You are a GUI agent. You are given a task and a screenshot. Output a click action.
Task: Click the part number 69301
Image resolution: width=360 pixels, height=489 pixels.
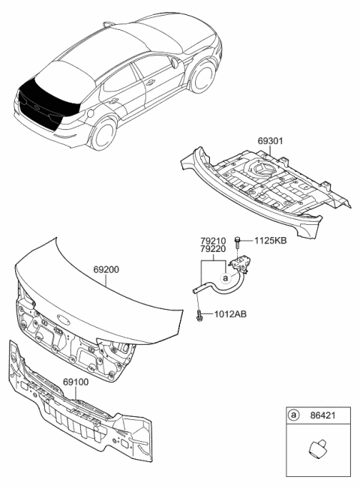270,141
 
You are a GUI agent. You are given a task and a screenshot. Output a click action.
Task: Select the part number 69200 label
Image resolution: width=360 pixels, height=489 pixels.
106,269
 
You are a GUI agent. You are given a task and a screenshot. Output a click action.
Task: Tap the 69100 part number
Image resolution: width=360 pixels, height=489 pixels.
76,382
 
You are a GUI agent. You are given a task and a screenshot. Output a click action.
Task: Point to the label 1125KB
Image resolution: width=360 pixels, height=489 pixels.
271,241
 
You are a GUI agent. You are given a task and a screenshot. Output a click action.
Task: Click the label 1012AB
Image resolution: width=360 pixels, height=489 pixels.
230,314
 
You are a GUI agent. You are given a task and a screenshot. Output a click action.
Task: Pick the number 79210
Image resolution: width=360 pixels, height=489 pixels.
213,241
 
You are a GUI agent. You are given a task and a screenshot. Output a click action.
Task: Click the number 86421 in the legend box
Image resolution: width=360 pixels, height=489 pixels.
322,415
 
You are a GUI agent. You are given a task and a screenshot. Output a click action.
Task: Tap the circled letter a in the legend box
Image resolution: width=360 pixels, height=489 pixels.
292,415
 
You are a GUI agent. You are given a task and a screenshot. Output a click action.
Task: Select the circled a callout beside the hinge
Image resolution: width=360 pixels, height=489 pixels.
226,277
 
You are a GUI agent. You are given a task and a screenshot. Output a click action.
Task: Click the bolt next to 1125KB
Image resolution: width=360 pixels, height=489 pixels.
238,243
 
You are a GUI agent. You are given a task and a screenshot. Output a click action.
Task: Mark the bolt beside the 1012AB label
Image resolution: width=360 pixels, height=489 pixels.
199,316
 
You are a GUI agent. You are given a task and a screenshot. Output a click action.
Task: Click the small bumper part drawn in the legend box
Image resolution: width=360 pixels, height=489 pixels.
318,449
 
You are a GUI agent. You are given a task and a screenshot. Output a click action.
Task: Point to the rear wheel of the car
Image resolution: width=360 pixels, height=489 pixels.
103,134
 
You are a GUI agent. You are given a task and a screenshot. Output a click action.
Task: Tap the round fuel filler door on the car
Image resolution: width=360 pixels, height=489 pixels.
90,113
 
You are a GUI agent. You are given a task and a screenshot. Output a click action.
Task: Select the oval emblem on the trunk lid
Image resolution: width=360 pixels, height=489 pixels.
64,319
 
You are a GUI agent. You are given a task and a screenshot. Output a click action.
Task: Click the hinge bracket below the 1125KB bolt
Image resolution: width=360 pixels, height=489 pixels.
240,263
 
